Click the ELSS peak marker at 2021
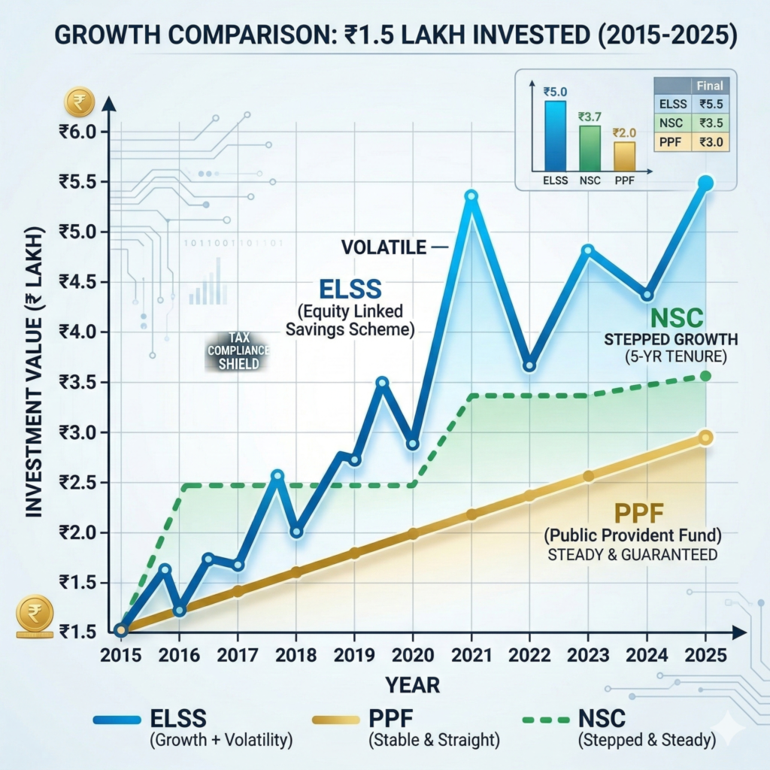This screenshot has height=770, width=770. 471,196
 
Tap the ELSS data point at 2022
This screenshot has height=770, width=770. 529,365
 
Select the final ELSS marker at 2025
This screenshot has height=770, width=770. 705,183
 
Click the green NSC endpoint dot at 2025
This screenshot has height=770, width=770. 705,375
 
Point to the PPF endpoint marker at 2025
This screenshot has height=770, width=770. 705,438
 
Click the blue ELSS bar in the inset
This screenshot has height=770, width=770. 555,135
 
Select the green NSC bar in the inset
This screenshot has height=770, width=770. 590,148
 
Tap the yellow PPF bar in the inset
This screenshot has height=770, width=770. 624,156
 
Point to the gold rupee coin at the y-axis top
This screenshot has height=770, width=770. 77,100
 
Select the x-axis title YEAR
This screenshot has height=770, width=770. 413,684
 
